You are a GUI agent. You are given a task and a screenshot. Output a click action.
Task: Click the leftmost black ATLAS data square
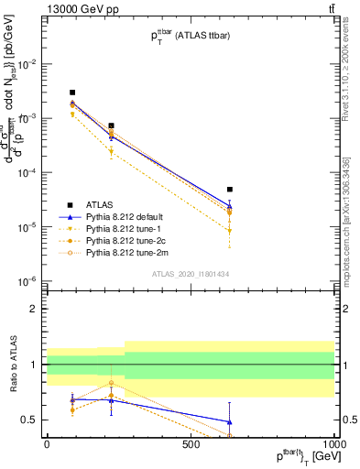pos(72,93)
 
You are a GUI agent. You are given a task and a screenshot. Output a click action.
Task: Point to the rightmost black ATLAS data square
pos(230,190)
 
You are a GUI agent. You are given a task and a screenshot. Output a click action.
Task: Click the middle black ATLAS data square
pos(111,125)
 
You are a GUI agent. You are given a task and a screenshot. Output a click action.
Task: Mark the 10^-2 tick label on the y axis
pos(28,64)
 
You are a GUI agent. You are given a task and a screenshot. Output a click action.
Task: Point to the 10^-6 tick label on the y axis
pos(28,280)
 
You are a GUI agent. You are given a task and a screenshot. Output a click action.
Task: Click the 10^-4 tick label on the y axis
pos(28,172)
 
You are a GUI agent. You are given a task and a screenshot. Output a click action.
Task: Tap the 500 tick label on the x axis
pos(191,442)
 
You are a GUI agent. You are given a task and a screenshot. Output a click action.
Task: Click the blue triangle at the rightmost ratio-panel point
pos(230,422)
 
